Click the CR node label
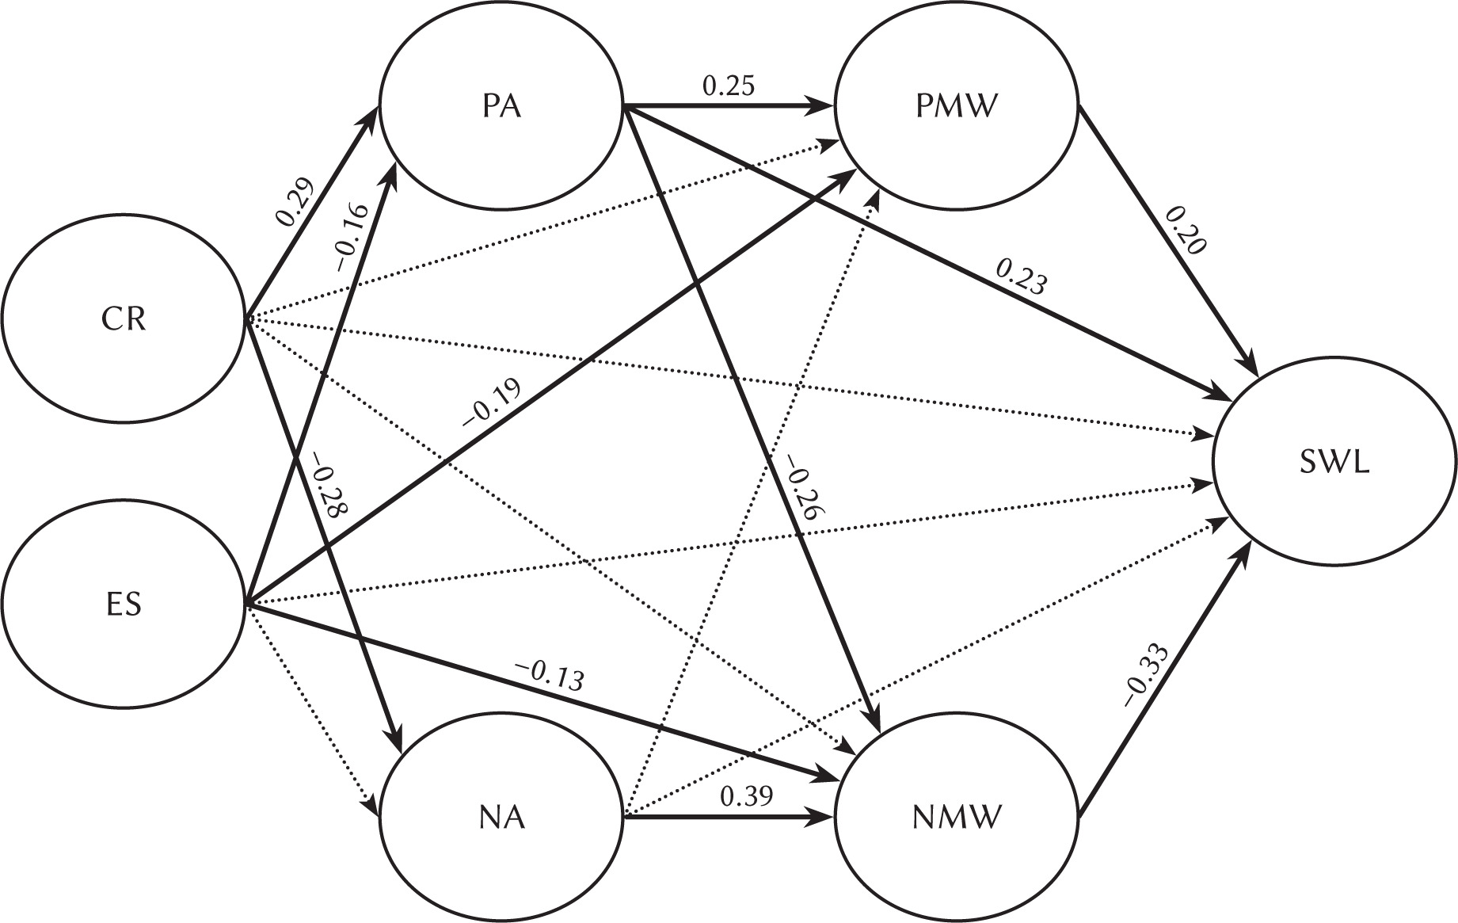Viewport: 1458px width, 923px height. click(124, 321)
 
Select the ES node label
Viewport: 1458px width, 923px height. click(124, 605)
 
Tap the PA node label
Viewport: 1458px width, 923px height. click(501, 106)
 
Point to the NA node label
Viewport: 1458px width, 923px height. click(502, 817)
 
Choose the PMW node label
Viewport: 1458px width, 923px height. click(954, 106)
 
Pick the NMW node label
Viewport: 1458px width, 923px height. click(956, 817)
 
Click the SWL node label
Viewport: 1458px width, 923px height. click(1334, 463)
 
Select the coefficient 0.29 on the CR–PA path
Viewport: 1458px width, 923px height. click(295, 200)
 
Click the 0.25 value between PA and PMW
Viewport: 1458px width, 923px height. click(729, 86)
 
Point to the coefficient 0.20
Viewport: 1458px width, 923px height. click(1186, 230)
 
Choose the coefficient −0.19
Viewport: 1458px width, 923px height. click(490, 403)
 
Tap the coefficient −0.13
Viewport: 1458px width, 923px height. click(550, 676)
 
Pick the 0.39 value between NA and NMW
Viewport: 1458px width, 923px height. click(746, 795)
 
